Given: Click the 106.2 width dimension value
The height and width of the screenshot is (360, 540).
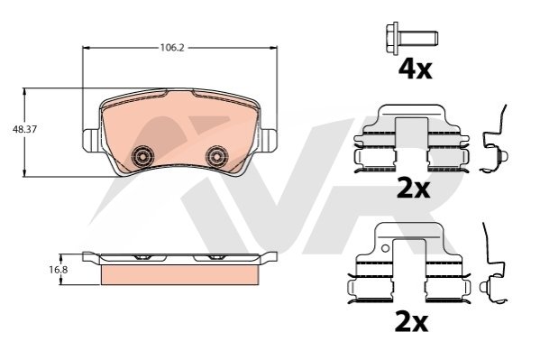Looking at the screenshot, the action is pos(172,47).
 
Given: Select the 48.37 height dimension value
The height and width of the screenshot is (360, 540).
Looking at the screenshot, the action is pos(24,130).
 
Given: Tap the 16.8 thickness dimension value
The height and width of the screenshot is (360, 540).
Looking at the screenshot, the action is pos(59,270).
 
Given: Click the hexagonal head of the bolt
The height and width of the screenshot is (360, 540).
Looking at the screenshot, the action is pos(392,39).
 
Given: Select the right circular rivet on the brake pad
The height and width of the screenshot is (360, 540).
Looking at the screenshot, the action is pos(216,157).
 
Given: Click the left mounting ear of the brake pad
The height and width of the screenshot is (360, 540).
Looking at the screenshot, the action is pos(92,140).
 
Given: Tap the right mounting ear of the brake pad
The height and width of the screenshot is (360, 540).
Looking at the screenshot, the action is pos(268,140).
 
